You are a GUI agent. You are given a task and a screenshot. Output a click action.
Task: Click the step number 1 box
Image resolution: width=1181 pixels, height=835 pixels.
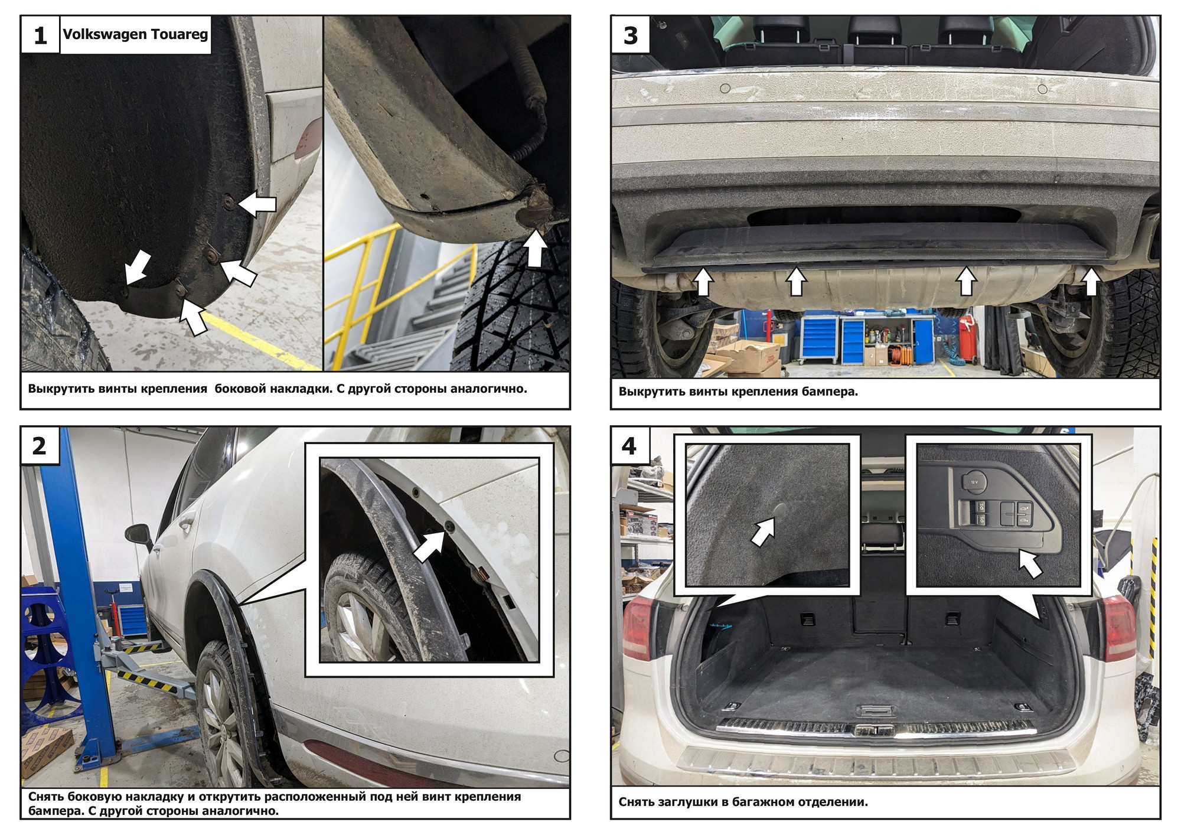[x=40, y=35]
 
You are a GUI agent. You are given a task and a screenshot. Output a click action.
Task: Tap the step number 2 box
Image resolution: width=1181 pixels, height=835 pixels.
[x=39, y=446]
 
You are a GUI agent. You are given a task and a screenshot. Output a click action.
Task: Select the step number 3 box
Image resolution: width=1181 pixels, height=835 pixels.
[x=631, y=35]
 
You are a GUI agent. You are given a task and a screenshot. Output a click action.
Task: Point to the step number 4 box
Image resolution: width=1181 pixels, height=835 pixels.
[x=629, y=446]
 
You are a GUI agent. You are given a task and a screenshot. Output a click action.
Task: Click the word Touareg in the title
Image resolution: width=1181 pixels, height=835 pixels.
[x=180, y=34]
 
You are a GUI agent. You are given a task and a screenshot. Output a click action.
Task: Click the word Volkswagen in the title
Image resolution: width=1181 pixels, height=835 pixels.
[x=105, y=34]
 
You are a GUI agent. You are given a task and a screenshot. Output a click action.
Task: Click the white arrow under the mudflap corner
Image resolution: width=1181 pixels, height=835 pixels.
[x=536, y=248]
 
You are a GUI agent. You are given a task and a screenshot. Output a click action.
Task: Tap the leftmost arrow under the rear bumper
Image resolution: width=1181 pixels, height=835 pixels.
[x=703, y=282]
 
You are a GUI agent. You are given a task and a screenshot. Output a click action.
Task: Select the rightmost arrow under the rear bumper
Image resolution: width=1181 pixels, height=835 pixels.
[x=1091, y=282]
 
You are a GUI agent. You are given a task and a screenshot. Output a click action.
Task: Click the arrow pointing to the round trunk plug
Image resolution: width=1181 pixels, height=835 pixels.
[x=762, y=531]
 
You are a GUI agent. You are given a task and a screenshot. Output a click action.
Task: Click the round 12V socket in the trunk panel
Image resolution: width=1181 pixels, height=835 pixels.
[x=973, y=481]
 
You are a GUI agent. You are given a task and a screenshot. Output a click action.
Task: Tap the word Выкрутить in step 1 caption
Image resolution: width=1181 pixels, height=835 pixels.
[x=58, y=389]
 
